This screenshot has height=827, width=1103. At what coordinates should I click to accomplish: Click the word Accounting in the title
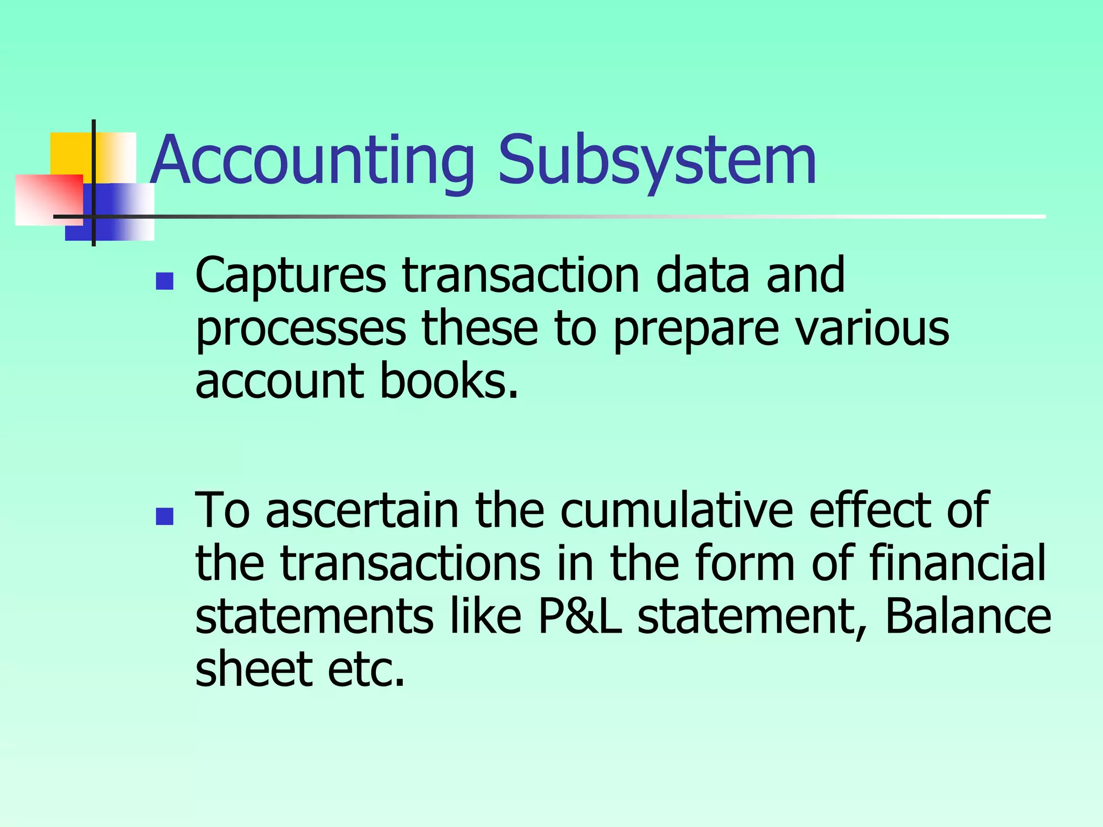(312, 160)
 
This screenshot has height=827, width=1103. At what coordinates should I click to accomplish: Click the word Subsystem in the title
(657, 160)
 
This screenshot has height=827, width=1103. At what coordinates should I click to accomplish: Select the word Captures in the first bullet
(291, 276)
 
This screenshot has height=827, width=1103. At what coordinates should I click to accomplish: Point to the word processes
(301, 330)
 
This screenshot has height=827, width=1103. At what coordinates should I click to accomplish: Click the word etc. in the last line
(366, 670)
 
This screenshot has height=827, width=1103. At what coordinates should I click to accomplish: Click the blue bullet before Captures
(164, 282)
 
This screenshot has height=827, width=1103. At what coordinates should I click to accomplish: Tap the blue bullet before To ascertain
(164, 516)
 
